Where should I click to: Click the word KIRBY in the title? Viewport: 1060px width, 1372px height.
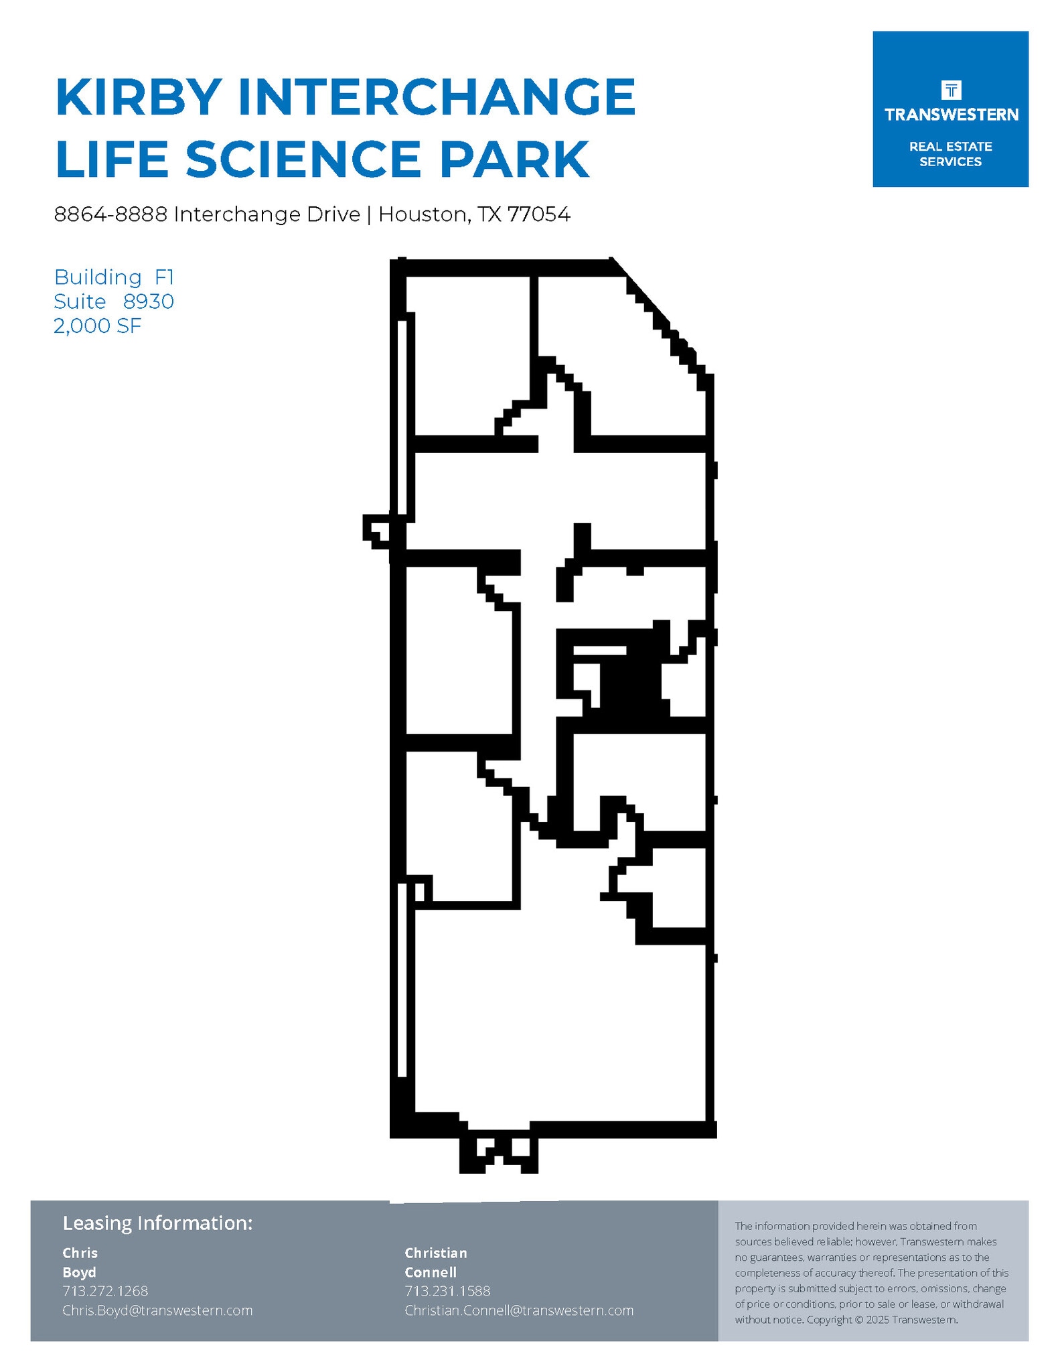coord(139,98)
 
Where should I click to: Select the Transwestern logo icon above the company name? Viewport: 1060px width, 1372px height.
coord(950,90)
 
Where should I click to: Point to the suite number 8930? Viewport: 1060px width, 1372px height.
coord(148,301)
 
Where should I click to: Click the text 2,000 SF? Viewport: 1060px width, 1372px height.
coord(98,326)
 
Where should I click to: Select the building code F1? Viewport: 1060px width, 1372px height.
coord(164,277)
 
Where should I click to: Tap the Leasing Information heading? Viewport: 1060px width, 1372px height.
coord(157,1223)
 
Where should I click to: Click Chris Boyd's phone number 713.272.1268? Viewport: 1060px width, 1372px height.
coord(105,1291)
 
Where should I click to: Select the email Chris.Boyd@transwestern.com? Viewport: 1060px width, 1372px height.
coord(157,1310)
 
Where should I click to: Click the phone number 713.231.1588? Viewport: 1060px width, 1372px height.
coord(447,1291)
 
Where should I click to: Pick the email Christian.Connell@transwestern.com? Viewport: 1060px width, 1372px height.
coord(519,1310)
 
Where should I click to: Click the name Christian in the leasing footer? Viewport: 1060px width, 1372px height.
coord(436,1253)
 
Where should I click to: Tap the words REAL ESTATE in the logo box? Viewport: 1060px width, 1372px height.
coord(950,147)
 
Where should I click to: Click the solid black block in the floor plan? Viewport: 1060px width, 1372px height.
coord(629,683)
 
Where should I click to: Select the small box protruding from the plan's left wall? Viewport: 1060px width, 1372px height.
coord(376,530)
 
